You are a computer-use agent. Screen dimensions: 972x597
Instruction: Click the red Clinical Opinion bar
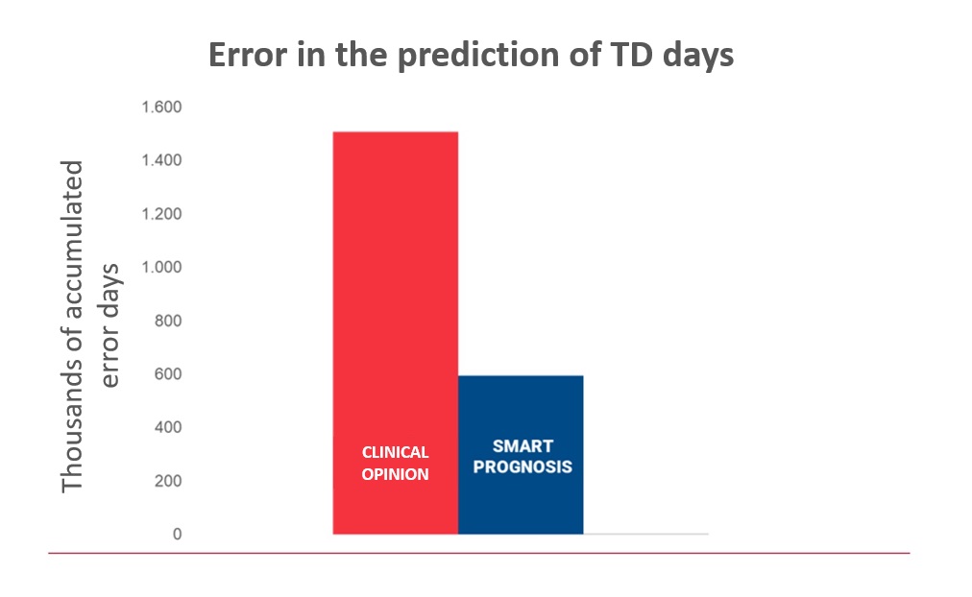click(x=396, y=332)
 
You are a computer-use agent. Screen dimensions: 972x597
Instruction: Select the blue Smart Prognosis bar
click(x=521, y=455)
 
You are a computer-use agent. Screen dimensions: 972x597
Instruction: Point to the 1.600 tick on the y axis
click(x=161, y=107)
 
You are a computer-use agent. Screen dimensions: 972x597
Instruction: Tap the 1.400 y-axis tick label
click(x=161, y=160)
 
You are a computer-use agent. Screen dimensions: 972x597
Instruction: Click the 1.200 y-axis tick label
click(x=161, y=214)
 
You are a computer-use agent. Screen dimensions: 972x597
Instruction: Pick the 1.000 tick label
click(x=161, y=268)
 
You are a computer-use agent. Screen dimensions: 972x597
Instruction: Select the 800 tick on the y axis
click(x=168, y=321)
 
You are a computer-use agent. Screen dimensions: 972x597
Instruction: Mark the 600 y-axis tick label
click(x=168, y=374)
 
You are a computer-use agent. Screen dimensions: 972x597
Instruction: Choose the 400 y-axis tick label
click(x=168, y=427)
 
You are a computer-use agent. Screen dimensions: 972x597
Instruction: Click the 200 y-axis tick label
click(x=168, y=481)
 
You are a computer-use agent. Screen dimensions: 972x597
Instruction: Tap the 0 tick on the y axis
click(x=178, y=535)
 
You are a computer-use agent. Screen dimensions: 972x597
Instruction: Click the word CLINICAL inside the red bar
click(x=396, y=453)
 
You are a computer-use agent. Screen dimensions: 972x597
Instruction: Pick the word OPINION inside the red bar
click(x=396, y=474)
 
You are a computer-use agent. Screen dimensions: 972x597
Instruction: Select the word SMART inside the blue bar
click(x=522, y=446)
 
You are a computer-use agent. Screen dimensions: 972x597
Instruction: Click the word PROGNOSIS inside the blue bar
click(x=522, y=467)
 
